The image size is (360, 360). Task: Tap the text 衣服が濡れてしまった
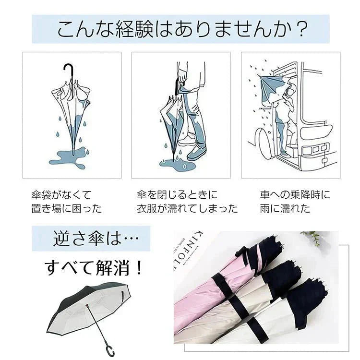(x=187, y=209)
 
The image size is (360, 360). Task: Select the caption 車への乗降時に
(x=295, y=195)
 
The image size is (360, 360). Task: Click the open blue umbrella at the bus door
(x=272, y=84)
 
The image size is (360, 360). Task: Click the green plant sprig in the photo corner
(x=314, y=236)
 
